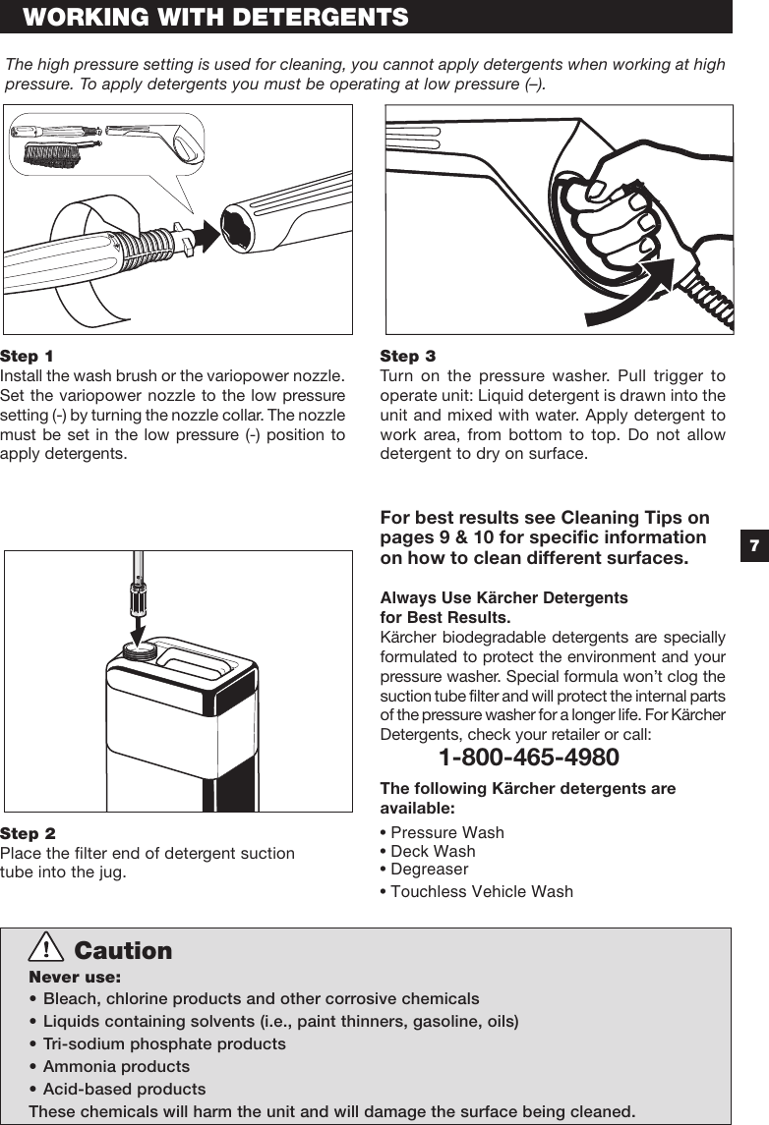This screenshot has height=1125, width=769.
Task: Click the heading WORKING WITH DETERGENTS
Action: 215,17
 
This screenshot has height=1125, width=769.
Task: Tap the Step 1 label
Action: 28,356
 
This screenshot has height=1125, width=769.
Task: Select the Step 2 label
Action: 28,833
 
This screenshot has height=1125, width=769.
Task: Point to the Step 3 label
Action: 407,356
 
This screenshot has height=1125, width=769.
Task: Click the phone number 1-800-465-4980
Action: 528,758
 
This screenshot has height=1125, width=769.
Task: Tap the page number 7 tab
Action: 752,545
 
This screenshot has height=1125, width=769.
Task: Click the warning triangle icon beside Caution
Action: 46,949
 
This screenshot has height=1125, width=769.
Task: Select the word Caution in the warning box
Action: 123,951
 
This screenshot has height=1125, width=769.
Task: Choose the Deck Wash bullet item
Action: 432,851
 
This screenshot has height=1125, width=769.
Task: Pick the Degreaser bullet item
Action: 429,869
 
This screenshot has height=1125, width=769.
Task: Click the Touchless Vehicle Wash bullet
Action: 481,891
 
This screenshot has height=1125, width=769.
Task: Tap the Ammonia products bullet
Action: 115,1066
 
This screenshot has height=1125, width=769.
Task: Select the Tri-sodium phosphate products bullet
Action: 163,1043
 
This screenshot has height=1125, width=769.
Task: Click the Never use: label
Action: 75,978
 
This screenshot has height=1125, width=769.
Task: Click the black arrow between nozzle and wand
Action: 204,235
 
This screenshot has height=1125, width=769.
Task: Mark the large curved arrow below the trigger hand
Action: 629,295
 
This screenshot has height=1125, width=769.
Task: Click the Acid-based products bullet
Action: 124,1089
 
